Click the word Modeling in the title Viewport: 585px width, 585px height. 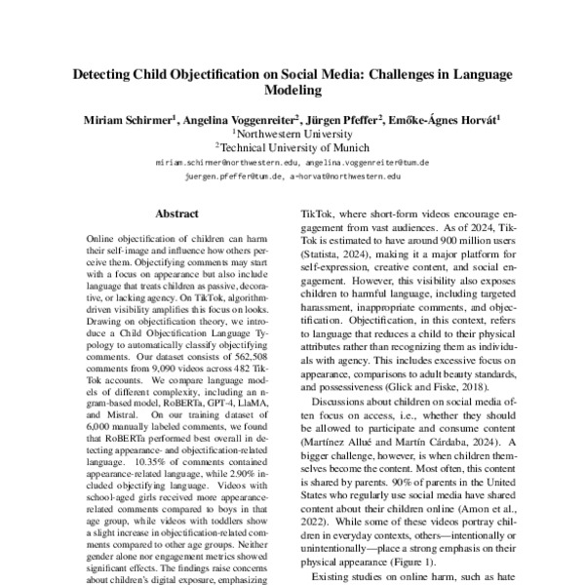pos(292,91)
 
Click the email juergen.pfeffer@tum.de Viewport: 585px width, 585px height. pos(232,177)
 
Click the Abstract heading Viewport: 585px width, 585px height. pos(177,213)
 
